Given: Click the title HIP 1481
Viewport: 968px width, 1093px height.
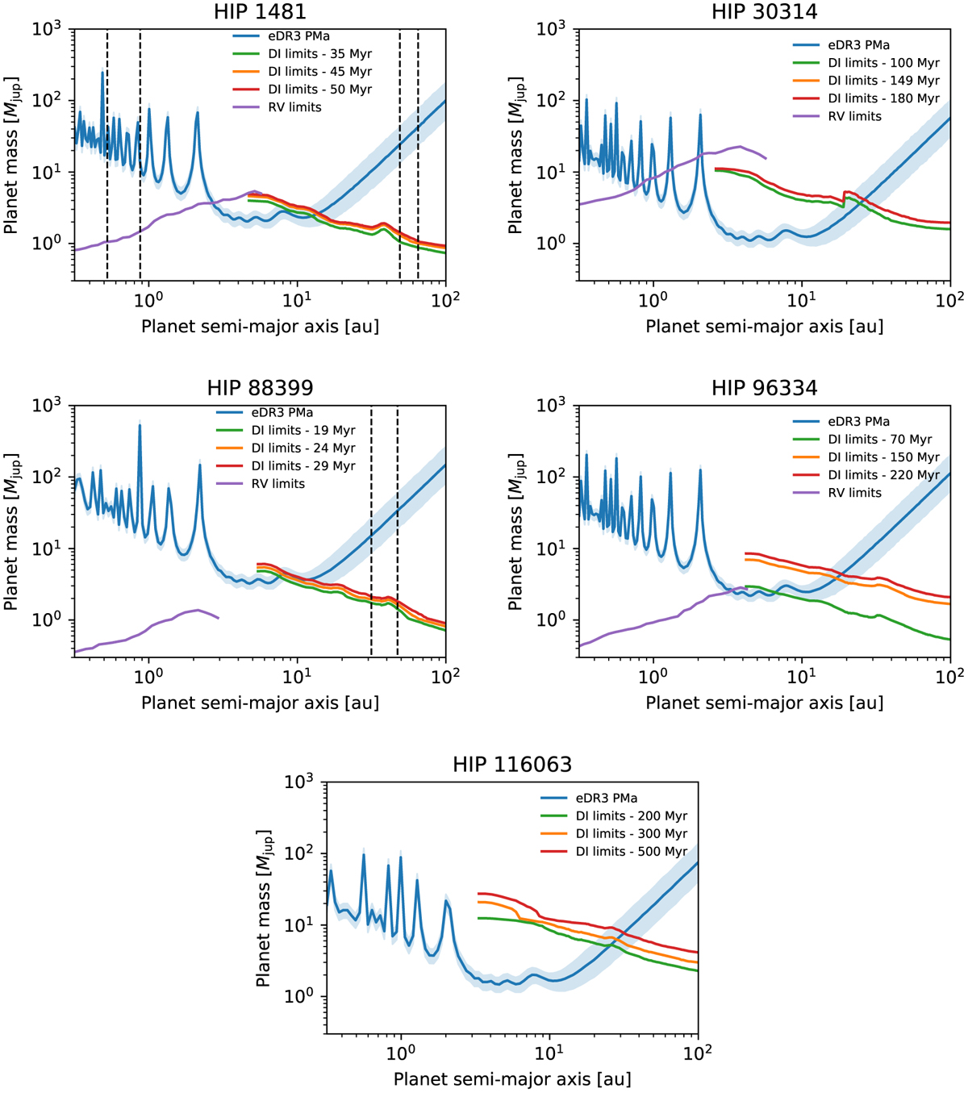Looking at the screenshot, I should click(260, 11).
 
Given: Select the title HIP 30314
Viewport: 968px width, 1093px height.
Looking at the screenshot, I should click(764, 11).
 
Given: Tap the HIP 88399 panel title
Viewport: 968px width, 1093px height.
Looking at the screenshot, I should click(260, 388).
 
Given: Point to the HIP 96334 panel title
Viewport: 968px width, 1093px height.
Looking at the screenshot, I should click(764, 388).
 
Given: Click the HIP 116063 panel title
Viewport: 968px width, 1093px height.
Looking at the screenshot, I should click(512, 764).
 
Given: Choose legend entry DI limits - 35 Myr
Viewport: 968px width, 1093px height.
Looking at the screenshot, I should click(320, 54).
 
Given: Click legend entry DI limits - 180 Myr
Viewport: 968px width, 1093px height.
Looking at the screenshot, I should click(883, 98).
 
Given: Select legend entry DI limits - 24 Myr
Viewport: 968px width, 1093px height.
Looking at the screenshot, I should click(303, 448).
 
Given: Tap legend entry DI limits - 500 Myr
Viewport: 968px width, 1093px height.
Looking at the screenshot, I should click(631, 851).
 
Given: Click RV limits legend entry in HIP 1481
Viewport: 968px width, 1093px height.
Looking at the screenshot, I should click(294, 106).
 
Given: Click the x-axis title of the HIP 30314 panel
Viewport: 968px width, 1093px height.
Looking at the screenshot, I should click(764, 327).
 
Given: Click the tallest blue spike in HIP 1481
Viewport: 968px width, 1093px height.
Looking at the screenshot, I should click(102, 73).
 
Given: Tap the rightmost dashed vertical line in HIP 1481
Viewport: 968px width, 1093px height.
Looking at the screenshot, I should click(418, 153).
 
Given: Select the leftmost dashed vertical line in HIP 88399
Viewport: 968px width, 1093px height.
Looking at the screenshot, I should click(371, 532).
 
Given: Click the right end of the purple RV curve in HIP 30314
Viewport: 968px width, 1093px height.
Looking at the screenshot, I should click(766, 158).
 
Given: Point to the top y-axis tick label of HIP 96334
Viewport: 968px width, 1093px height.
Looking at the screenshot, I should click(553, 405).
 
